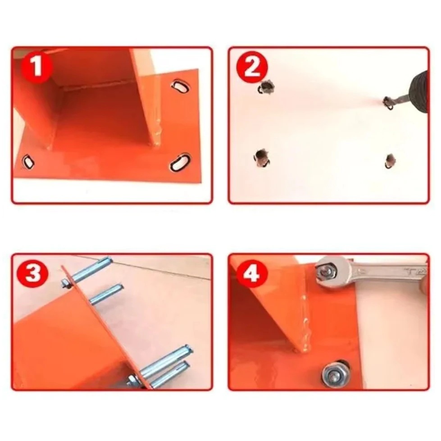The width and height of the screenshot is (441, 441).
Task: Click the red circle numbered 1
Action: click(37, 68)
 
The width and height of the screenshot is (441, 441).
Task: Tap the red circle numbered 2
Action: click(252, 67)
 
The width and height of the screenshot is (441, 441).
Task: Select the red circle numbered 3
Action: click(33, 273)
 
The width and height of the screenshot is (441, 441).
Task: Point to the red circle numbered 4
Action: click(252, 273)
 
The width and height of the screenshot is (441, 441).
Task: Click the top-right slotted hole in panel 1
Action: click(180, 86)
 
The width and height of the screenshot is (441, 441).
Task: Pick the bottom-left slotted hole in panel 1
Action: click(28, 162)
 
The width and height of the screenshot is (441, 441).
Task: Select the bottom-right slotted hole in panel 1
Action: click(180, 162)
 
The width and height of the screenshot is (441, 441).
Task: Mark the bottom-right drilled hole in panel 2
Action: click(390, 161)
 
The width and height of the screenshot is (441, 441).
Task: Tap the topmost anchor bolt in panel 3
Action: click(88, 272)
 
